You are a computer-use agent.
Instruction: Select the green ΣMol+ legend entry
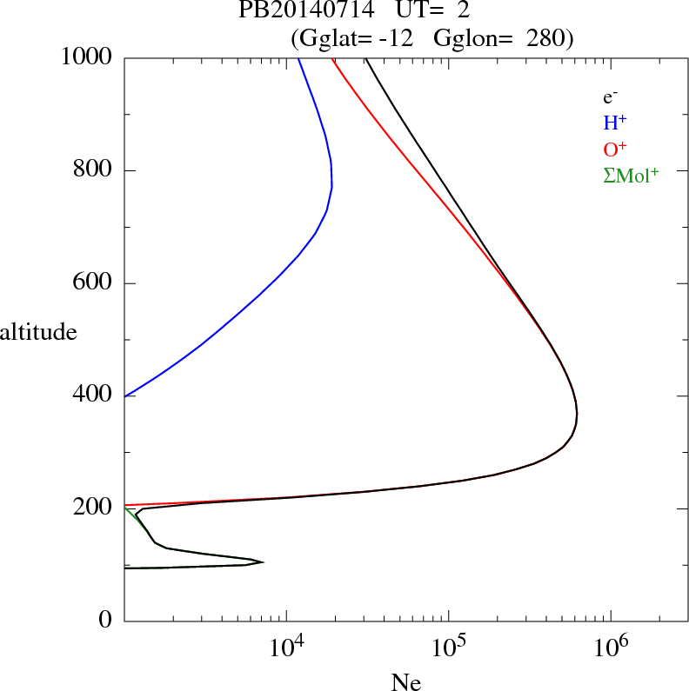coord(631,175)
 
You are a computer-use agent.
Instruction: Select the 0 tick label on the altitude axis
coord(105,621)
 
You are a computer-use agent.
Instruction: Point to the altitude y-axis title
coord(38,332)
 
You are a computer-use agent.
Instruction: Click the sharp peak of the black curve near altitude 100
coord(262,561)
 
